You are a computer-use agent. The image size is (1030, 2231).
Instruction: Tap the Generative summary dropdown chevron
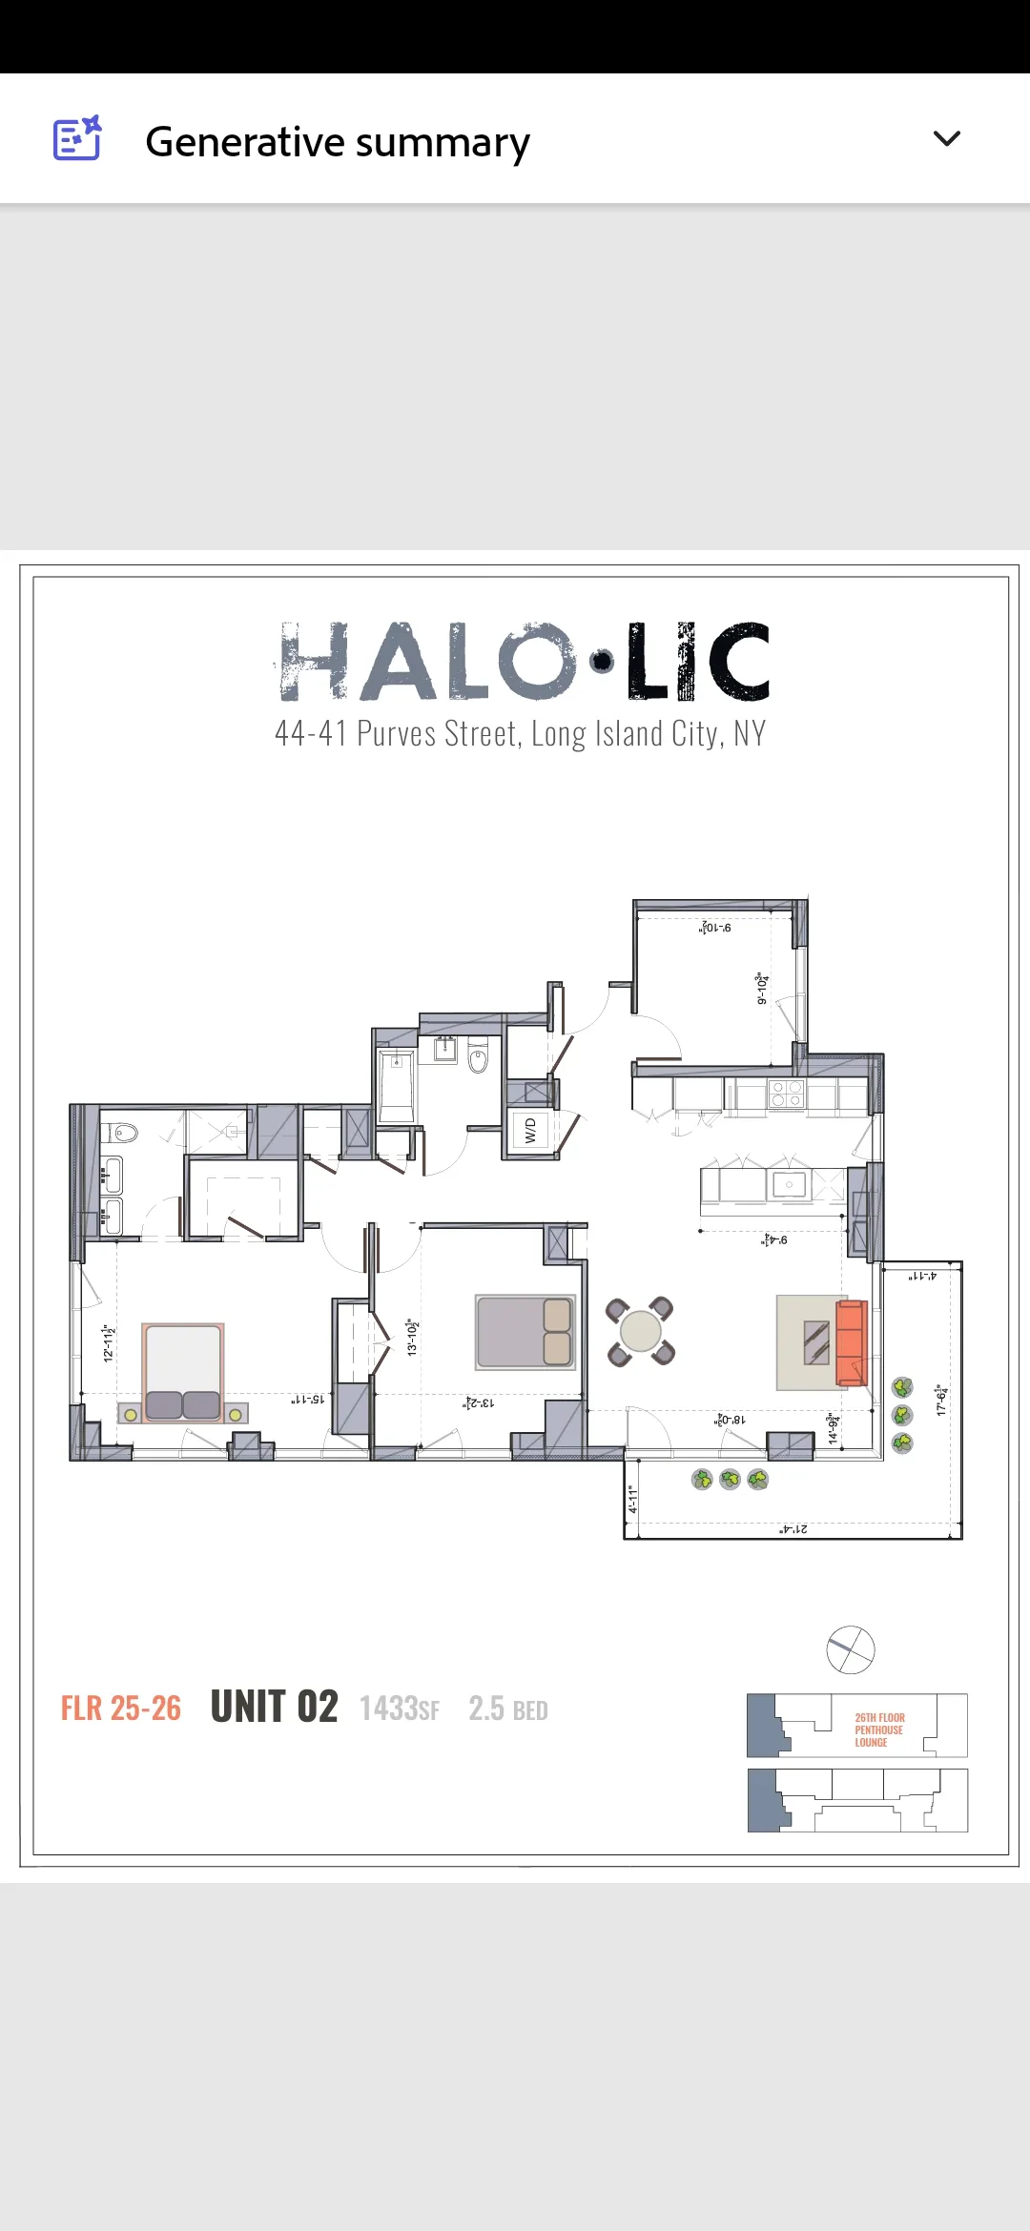[x=946, y=139]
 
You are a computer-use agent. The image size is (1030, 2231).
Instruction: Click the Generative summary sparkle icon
[x=77, y=139]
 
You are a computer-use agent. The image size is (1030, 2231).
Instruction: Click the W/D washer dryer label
[x=530, y=1131]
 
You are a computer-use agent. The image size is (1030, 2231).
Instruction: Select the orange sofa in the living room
[x=851, y=1342]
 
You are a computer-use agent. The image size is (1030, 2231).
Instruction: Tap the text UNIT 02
[x=274, y=1708]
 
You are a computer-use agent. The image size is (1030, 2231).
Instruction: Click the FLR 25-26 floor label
[x=121, y=1709]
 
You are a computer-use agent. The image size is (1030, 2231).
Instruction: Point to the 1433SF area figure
[x=399, y=1709]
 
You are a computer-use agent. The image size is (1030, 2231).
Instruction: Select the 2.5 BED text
[x=507, y=1709]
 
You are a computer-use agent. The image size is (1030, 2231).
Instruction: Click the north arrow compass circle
[x=850, y=1649]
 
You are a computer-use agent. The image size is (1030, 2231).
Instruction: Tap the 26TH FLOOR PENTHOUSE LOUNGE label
[x=878, y=1730]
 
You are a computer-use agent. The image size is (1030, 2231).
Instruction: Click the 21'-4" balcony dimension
[x=793, y=1529]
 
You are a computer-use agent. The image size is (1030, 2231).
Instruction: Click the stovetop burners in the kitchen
[x=786, y=1094]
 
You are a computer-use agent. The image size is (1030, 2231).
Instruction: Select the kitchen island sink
[x=789, y=1185]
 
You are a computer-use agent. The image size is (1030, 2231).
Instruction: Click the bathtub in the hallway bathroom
[x=397, y=1086]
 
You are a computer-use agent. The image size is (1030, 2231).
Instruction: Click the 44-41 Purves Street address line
[x=521, y=733]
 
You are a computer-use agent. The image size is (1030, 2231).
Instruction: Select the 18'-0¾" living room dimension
[x=731, y=1420]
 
